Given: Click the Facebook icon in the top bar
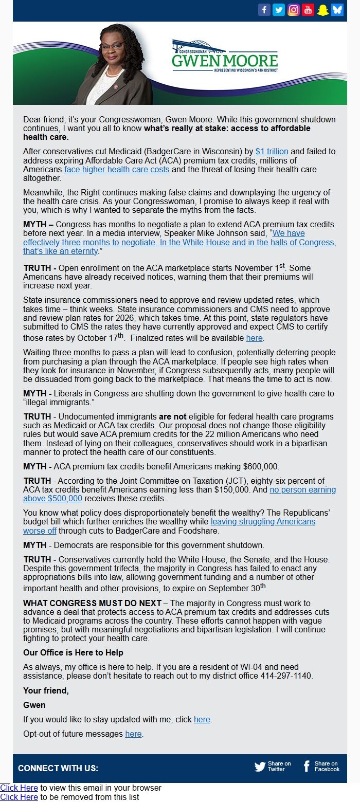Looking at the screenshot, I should tap(264, 10).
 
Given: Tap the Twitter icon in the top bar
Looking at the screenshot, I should tap(279, 10).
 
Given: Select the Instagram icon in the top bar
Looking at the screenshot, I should tap(293, 10).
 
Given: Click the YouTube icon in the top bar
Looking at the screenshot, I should tap(308, 10).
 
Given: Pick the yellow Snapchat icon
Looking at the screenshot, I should tap(322, 10).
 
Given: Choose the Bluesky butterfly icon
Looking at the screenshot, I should tap(337, 10).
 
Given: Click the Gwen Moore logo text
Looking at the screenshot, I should tap(225, 61).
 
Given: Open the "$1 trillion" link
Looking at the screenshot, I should tap(272, 151).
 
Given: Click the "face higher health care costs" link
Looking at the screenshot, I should tap(117, 169).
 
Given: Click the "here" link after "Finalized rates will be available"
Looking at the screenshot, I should tap(254, 338).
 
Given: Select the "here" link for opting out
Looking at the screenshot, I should tap(133, 734).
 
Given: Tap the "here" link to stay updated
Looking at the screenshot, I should tap(202, 719).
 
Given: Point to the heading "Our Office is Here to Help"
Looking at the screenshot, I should tap(73, 652).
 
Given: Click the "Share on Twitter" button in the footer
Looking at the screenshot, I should tap(273, 767).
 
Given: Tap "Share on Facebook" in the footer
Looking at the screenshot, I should tap(321, 767).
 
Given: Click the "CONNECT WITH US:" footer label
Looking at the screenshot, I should tap(58, 768).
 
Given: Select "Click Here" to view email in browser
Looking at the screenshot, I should tap(19, 788).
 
